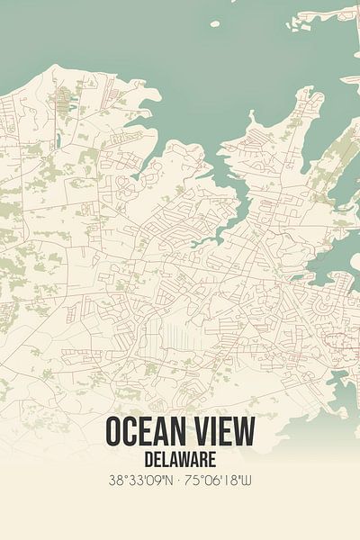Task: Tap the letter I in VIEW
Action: point(212,432)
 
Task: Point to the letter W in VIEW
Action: point(245,432)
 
